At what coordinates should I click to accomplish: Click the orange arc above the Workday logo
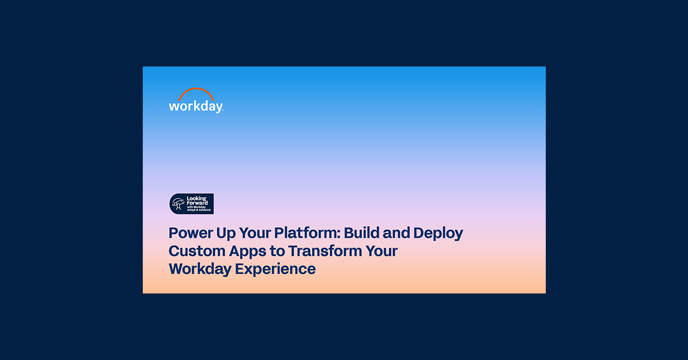pos(196,91)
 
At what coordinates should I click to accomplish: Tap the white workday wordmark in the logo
pos(195,107)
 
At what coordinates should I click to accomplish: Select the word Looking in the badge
pos(197,199)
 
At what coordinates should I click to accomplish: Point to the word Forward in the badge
pos(198,204)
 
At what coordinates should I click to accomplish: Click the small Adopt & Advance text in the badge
pos(199,210)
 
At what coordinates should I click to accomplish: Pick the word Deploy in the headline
pos(439,234)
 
